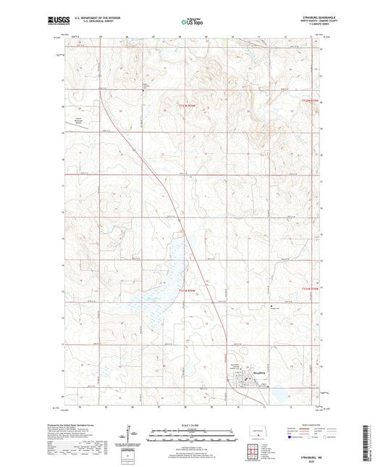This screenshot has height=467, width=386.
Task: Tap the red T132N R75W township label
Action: click(310, 102)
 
